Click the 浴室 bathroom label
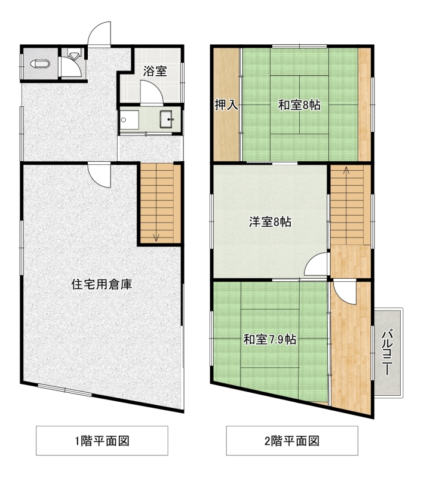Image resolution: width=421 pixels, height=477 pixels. pos(155,72)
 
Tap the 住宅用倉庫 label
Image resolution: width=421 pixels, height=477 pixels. pos(102,284)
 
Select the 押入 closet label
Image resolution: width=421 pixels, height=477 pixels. pos(226,104)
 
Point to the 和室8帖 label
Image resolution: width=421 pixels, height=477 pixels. pos(299,105)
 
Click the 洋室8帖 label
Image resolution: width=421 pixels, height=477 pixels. pos(271,221)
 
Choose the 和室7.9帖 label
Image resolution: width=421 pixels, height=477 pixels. pos(270,339)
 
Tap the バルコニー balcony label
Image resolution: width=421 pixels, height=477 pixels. pos(387,352)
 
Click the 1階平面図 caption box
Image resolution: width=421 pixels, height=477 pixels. pos(102,441)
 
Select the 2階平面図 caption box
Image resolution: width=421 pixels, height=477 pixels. pos(292,441)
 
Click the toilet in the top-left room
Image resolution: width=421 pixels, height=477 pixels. pos(40,64)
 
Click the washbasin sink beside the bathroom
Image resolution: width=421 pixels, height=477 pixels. pos(167,119)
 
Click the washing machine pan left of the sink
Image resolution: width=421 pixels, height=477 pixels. pos(129,120)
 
